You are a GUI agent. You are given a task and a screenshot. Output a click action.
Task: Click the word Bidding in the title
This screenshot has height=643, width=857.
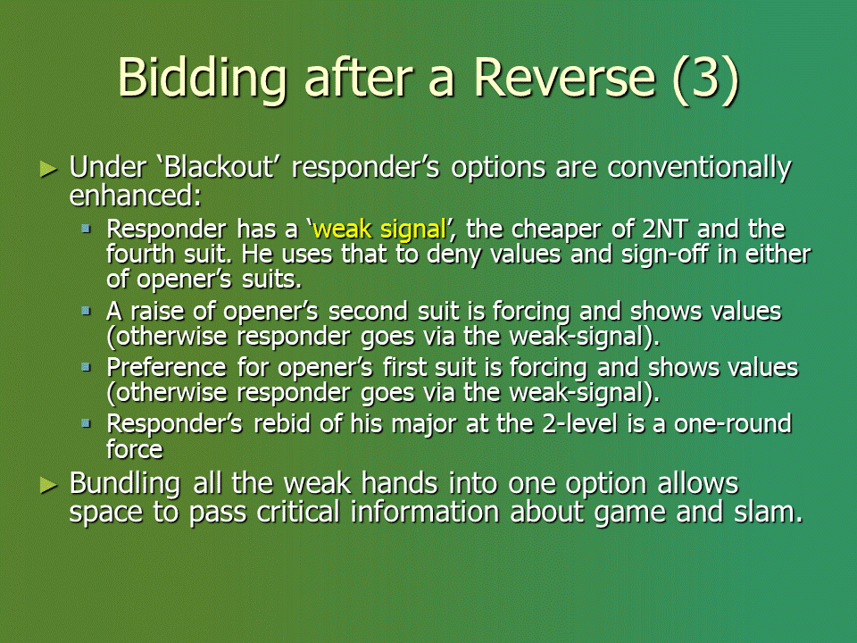pos(202,78)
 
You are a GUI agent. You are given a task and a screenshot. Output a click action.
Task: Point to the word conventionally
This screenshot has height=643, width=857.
pos(699,169)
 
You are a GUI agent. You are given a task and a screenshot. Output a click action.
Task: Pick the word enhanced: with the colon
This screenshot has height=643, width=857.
pos(135,196)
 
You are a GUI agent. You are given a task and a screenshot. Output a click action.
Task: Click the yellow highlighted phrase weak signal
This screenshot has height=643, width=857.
pos(380,230)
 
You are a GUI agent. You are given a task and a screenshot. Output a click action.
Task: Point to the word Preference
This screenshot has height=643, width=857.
pos(166,367)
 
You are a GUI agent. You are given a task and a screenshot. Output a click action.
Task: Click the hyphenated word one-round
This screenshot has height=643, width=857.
pos(733,423)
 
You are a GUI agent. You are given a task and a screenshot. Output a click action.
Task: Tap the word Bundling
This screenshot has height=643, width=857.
pos(125,484)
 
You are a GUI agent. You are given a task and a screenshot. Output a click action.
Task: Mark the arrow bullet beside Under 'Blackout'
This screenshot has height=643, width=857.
pos(48,170)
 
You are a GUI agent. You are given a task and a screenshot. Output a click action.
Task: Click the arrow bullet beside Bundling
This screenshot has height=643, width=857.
pos(48,485)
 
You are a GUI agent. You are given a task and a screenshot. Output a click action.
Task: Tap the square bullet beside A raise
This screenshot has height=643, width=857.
pos(86,311)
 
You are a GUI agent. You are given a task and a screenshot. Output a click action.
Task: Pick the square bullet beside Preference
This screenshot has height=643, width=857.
pos(86,367)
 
